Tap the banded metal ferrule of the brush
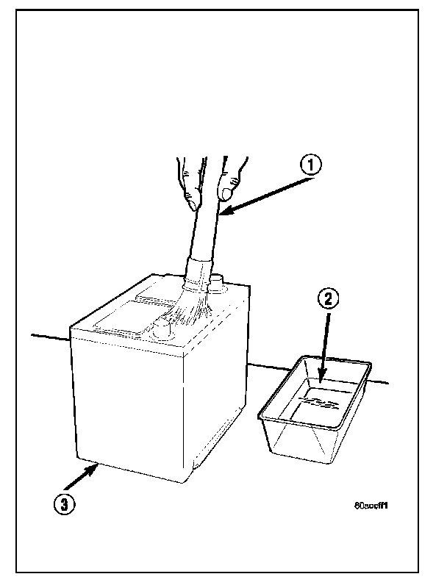pyautogui.click(x=198, y=273)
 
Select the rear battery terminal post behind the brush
pyautogui.click(x=218, y=281)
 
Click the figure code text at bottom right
pyautogui.click(x=371, y=506)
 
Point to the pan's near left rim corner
pyautogui.click(x=260, y=417)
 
